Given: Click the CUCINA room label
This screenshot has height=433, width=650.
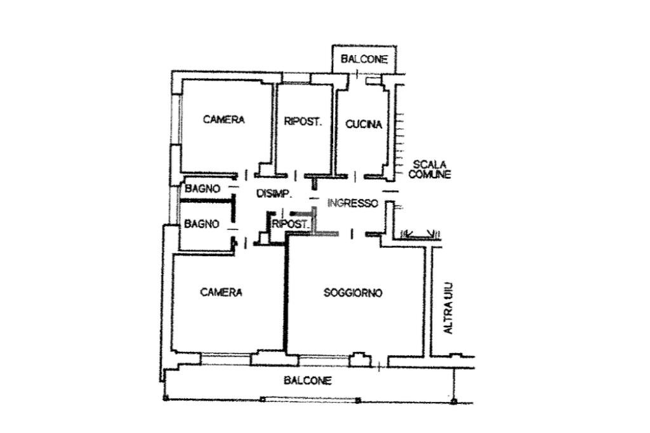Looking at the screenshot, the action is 364,124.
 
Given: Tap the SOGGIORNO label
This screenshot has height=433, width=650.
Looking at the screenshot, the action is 353,293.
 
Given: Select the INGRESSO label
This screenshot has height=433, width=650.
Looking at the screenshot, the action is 353,204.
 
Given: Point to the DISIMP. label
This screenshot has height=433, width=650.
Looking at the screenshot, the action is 274,193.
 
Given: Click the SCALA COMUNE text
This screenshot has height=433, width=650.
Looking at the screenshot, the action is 430,170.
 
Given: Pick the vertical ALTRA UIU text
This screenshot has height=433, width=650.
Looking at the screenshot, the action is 449,308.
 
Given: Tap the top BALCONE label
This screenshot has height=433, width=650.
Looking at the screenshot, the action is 364,59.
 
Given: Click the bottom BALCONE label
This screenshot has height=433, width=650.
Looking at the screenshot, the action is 308,380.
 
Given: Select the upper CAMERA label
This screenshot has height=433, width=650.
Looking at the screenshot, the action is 224,120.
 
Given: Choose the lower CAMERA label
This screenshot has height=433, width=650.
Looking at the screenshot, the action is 221,292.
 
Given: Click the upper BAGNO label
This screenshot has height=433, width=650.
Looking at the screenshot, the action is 202,189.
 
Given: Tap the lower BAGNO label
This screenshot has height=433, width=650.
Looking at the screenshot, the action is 201,224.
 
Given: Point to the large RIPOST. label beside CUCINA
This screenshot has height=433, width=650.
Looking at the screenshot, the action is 303,122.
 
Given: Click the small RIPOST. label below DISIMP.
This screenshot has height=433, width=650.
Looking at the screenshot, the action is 290,224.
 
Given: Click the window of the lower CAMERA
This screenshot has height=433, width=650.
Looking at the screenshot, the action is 225,359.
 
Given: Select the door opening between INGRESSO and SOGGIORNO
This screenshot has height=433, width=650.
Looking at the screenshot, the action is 352,235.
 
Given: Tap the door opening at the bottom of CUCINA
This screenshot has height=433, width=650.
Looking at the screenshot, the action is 355,177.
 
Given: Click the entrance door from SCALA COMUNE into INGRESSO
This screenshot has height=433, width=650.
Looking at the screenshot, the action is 390,191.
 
